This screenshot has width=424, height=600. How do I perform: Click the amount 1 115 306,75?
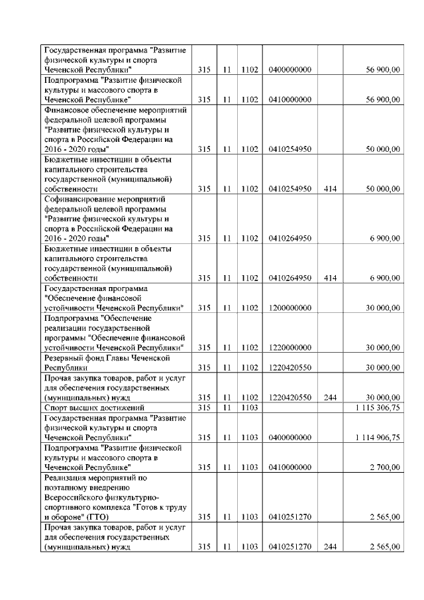pos(376,408)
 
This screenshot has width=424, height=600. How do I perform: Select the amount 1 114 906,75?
pos(376,438)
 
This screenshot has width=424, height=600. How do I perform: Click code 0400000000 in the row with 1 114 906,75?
pos(290,438)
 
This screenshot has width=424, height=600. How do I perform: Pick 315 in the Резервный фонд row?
pos(204,367)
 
